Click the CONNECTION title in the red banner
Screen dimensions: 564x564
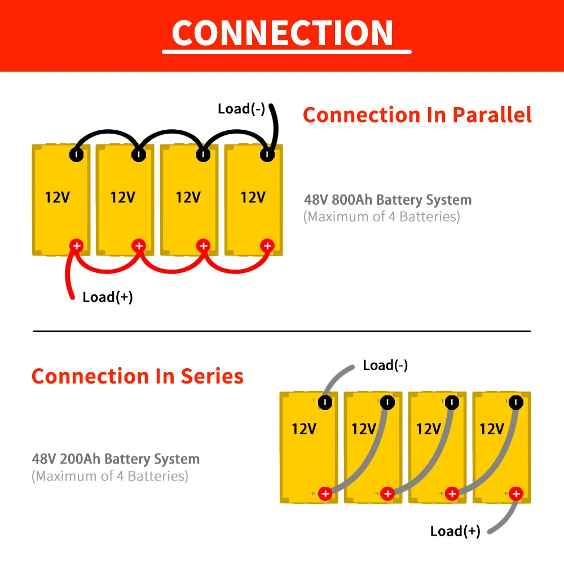tap(283, 33)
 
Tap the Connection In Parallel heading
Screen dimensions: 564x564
tap(417, 115)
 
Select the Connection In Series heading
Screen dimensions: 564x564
tap(138, 376)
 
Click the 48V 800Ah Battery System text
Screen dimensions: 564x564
tap(388, 200)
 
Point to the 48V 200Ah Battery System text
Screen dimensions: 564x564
tap(116, 459)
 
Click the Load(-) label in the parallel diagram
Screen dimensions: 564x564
tap(241, 109)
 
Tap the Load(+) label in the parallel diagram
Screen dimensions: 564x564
tap(108, 297)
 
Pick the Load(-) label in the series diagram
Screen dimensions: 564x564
tap(385, 365)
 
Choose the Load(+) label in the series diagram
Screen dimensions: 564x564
tap(455, 531)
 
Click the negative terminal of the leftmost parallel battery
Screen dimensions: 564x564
tap(76, 155)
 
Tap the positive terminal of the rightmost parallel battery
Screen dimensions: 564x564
tap(267, 246)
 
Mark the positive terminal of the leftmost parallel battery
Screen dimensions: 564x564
tap(76, 246)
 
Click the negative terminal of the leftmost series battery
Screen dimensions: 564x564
tap(325, 403)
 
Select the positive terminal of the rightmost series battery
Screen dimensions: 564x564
tap(516, 494)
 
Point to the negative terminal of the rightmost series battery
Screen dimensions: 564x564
tap(516, 403)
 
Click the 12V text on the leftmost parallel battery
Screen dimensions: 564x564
tap(58, 197)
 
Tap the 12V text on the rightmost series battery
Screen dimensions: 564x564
tap(492, 429)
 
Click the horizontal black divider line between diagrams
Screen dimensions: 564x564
tap(282, 331)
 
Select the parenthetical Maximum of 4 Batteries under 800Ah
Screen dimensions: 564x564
tap(382, 217)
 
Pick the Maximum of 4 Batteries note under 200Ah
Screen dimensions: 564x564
tap(110, 476)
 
